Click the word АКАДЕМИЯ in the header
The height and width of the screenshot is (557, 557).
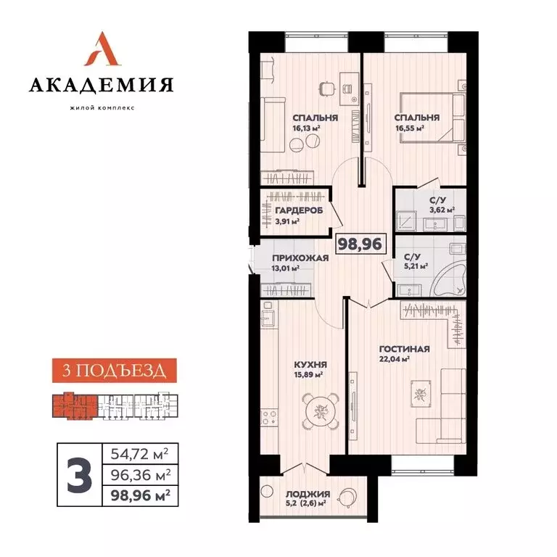click(x=101, y=86)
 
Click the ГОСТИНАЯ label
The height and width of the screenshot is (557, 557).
click(x=403, y=349)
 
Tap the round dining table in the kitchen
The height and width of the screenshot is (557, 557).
click(x=320, y=411)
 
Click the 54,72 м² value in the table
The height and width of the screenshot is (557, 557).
click(x=137, y=455)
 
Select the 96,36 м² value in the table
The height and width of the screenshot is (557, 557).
click(x=137, y=475)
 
